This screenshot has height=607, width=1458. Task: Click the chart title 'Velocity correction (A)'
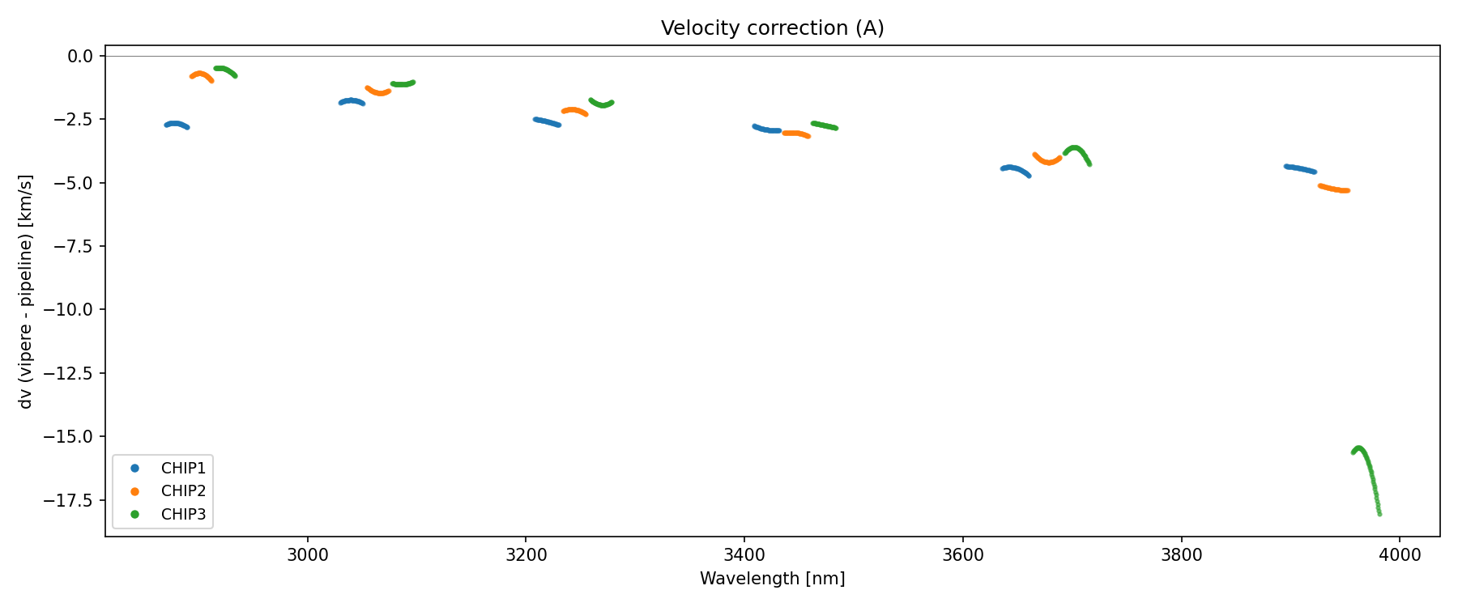(772, 28)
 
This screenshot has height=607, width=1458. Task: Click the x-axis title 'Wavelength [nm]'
(772, 579)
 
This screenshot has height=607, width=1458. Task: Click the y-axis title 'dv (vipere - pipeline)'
(26, 291)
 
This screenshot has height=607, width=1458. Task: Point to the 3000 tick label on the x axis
(308, 554)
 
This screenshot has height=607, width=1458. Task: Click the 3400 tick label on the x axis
(744, 554)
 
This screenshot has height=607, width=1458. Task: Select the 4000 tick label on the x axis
(1400, 554)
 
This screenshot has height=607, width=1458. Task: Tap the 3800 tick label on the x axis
(1181, 554)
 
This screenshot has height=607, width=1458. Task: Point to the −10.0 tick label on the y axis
(72, 309)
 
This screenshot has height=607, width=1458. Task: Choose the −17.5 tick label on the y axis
(72, 500)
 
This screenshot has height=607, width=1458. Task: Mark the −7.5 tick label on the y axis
(76, 246)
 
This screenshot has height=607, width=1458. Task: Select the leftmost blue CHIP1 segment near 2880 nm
(177, 124)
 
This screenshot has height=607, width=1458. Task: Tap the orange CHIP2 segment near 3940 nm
(1333, 189)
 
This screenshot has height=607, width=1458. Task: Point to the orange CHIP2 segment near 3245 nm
(573, 110)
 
